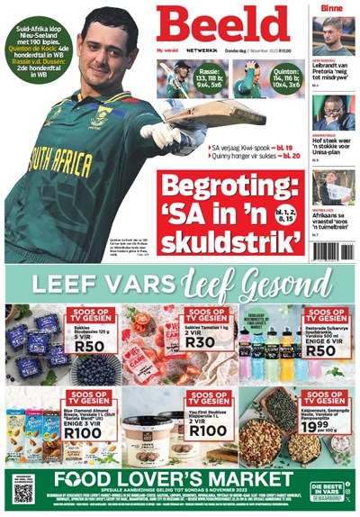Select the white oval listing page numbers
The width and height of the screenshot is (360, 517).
click(x=283, y=215)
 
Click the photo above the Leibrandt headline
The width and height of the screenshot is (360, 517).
click(x=334, y=37)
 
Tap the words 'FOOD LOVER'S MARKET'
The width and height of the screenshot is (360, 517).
click(x=180, y=481)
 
